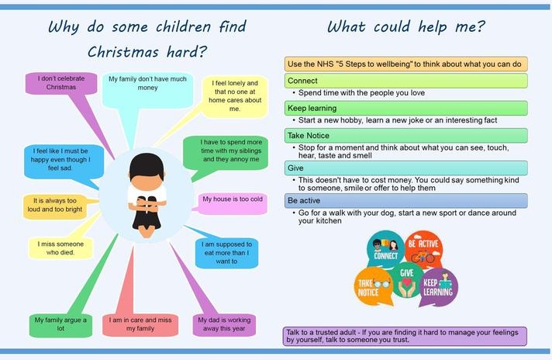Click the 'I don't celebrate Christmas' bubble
61,83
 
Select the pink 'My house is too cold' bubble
233,203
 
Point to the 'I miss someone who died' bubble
60,248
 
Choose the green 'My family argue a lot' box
60,325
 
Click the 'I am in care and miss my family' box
140,325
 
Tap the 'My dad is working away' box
224,325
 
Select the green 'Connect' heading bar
406,81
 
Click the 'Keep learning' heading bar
406,108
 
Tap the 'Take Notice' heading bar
406,136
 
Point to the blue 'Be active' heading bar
406,200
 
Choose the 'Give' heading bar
406,168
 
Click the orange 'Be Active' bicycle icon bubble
423,249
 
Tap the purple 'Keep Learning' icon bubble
439,287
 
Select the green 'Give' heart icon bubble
406,280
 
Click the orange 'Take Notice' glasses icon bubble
373,286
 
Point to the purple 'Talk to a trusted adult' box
405,336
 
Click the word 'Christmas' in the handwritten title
123,52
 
